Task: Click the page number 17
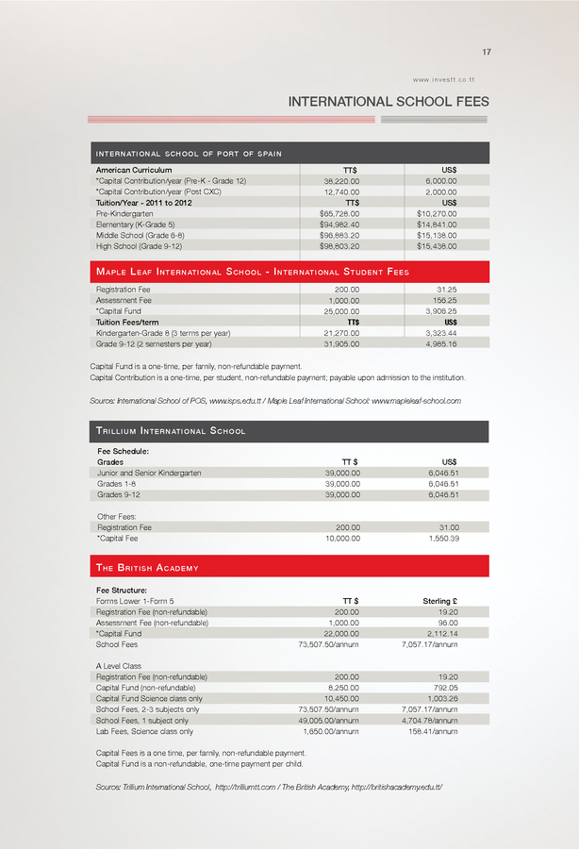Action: [x=486, y=51]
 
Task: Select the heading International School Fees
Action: [x=389, y=101]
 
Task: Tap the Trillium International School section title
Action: [x=172, y=431]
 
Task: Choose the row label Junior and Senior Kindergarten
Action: [x=149, y=473]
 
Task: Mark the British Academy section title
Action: [x=147, y=568]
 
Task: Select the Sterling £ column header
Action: [x=435, y=601]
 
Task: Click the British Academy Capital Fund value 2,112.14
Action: [x=439, y=634]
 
